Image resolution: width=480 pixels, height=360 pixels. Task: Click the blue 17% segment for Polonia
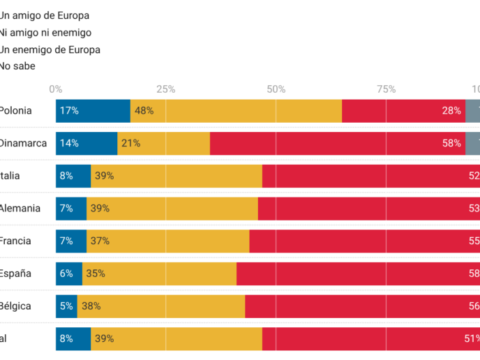(x=93, y=111)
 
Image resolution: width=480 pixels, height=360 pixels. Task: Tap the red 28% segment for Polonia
(x=403, y=111)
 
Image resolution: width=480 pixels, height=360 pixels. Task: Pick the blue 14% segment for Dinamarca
(x=87, y=143)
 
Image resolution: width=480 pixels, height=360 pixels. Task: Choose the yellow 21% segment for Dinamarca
(x=163, y=143)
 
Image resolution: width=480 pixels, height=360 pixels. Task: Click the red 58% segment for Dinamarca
(x=338, y=143)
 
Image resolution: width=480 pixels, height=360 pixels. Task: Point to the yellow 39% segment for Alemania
(x=172, y=208)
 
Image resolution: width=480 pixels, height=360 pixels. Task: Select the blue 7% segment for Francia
(x=71, y=241)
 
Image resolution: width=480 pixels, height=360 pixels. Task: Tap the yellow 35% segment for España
(x=159, y=273)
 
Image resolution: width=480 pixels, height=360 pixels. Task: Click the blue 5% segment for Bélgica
(x=66, y=306)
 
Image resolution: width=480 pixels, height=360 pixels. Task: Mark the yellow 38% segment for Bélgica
(x=161, y=306)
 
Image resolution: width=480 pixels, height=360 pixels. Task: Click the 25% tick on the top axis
(x=166, y=89)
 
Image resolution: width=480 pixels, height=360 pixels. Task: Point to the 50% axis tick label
(x=276, y=89)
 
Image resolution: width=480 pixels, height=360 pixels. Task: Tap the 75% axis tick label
(x=387, y=89)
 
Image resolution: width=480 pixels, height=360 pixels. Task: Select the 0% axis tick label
(x=56, y=89)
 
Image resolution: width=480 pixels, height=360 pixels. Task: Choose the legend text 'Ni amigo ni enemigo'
(x=45, y=32)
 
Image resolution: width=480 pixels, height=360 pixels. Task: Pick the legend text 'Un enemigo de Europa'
(x=50, y=50)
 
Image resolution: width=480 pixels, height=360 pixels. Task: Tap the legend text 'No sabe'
(x=17, y=66)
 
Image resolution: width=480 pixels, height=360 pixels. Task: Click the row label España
(x=15, y=273)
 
